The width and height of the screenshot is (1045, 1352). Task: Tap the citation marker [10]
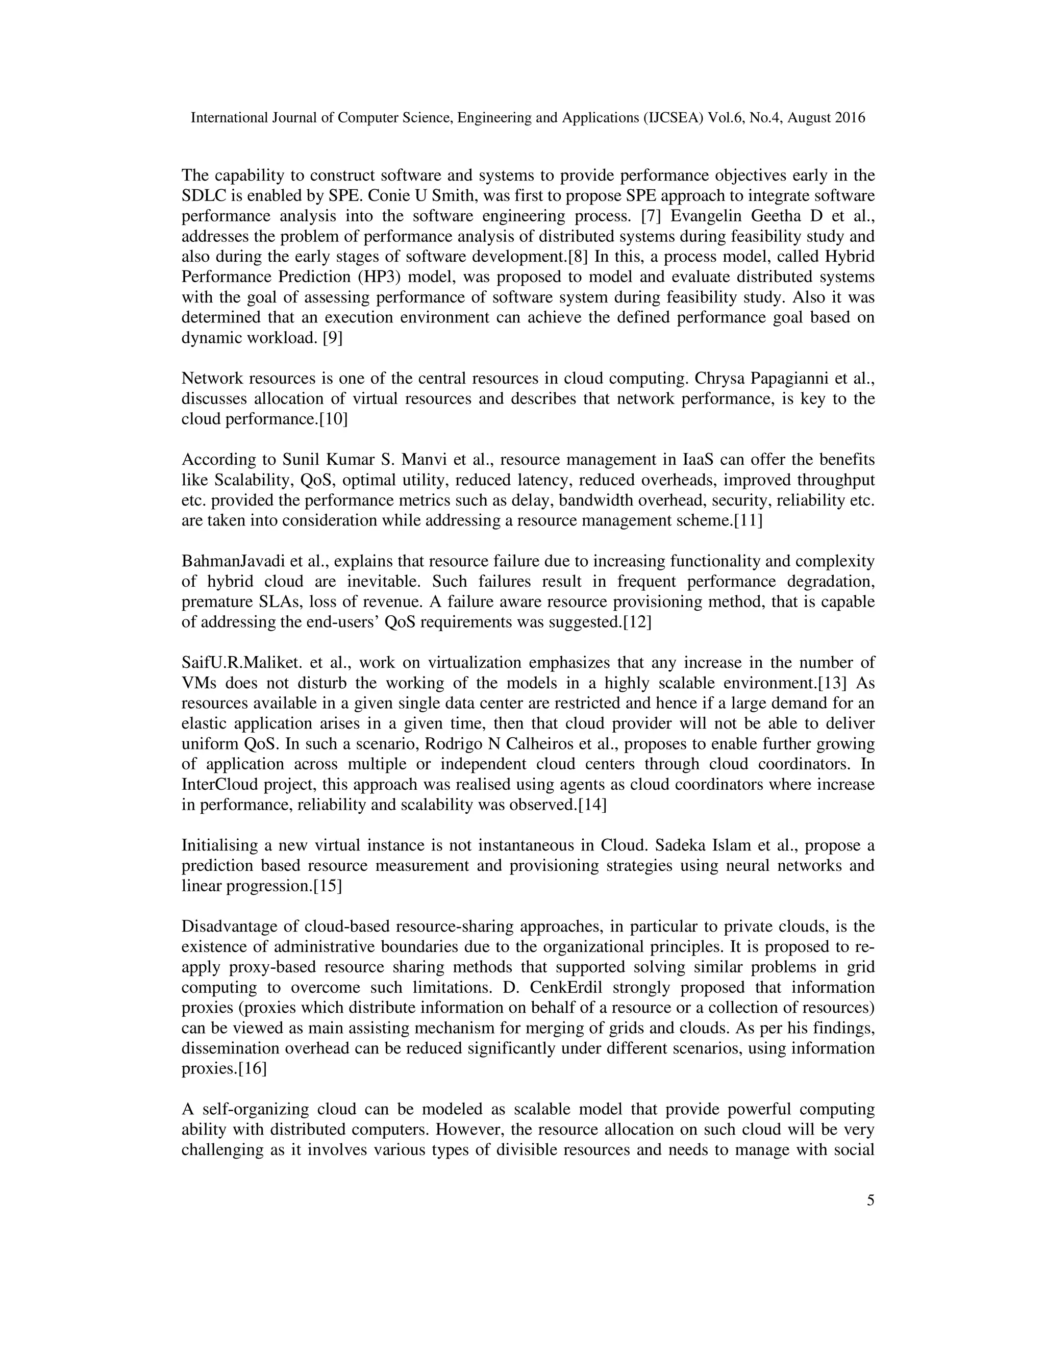click(x=333, y=420)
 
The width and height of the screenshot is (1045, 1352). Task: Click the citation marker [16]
click(x=252, y=1069)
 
